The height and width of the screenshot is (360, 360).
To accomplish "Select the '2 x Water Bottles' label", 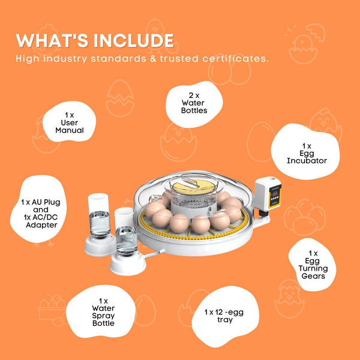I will point(194,103).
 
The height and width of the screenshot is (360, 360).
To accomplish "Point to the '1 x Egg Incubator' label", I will point(306,153).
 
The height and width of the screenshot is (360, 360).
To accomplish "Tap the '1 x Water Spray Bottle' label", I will point(103,311).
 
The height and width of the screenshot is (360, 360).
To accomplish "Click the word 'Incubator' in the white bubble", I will point(306,161).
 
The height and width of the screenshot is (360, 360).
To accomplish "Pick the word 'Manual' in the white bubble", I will point(70,130).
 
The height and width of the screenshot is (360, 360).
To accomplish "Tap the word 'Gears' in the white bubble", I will point(313,277).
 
